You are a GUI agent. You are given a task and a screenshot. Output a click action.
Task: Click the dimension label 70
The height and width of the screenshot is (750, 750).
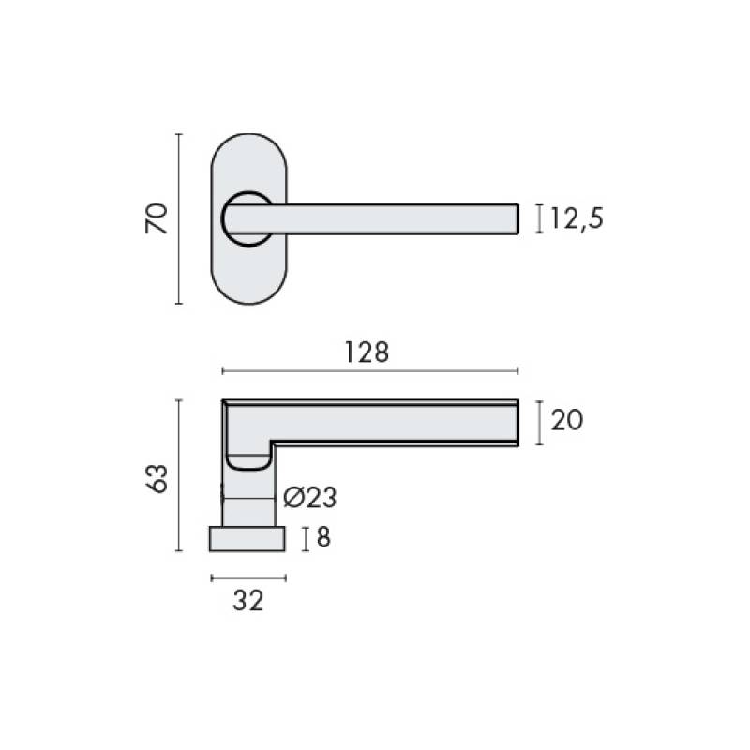157,218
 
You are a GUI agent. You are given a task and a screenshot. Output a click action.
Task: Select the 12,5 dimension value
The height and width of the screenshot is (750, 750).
577,218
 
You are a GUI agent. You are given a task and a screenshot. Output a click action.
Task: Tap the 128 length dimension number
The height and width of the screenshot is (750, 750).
367,352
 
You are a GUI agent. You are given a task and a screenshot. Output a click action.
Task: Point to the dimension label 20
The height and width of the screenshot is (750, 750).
567,420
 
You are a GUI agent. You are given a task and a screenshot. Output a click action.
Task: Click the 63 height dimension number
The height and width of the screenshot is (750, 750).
157,478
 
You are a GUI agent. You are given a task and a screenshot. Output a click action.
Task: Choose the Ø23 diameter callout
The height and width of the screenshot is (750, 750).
310,498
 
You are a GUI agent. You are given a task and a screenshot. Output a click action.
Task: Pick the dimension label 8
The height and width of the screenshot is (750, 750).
323,537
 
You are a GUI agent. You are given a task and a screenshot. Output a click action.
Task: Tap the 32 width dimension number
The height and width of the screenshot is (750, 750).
248,601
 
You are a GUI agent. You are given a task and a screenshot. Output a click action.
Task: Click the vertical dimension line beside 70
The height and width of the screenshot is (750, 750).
179,218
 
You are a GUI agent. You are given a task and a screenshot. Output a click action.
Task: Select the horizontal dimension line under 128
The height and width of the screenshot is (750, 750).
370,370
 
